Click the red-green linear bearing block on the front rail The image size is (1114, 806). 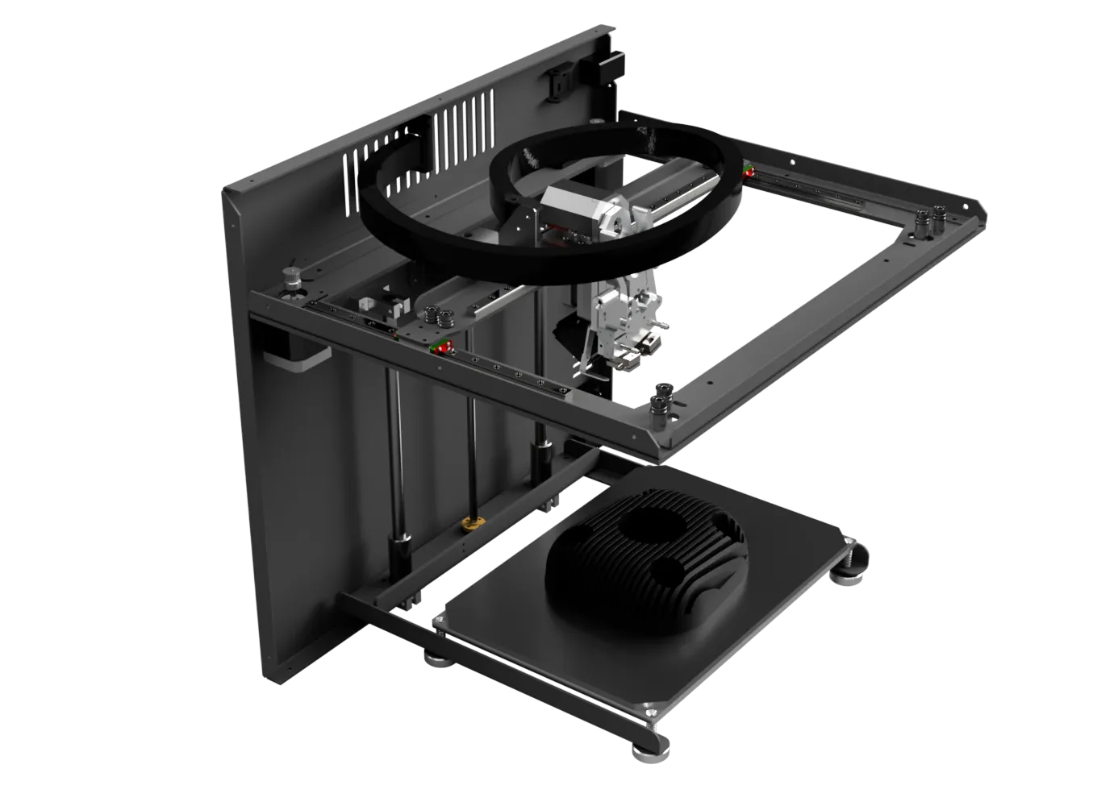coord(440,347)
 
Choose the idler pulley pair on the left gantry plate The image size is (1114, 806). coord(440,316)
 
